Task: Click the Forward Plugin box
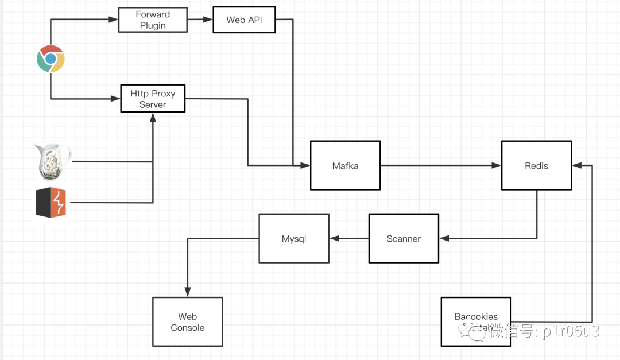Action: (x=153, y=20)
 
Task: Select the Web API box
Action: (x=243, y=20)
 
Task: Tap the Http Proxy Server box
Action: (x=153, y=99)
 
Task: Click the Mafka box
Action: (x=345, y=165)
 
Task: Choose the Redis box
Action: (x=536, y=165)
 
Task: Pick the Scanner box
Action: (x=403, y=238)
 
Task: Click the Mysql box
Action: (x=293, y=238)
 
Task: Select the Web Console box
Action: (x=187, y=322)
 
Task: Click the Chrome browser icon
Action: (x=51, y=59)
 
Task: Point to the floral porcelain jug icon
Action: (x=53, y=161)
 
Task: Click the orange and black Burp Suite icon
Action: (x=51, y=203)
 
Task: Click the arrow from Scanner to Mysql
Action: (x=349, y=238)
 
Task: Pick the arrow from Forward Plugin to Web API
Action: (x=200, y=20)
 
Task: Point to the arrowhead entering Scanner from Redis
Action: (x=443, y=238)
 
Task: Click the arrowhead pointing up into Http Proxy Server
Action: (x=153, y=117)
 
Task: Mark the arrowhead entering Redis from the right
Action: (x=576, y=165)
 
